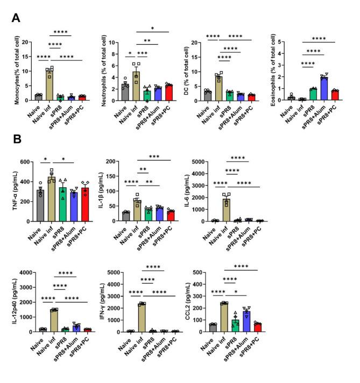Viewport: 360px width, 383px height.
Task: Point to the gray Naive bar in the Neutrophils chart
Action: click(124, 91)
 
